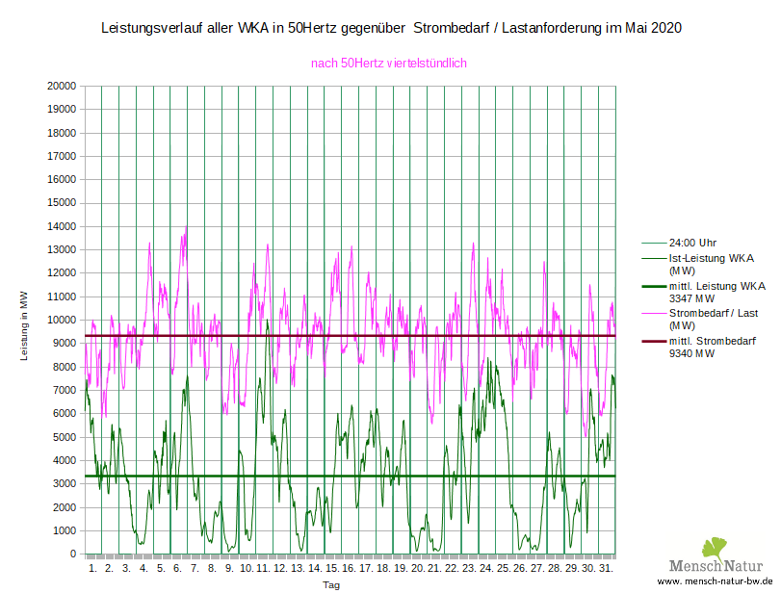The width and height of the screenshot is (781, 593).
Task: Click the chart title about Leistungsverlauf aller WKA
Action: click(391, 29)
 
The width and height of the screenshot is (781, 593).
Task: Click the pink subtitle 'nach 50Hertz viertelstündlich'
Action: click(388, 64)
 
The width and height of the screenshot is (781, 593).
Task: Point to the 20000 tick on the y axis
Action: click(62, 86)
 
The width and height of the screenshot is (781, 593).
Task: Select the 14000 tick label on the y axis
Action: click(62, 226)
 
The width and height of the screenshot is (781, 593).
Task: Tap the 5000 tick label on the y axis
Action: click(65, 437)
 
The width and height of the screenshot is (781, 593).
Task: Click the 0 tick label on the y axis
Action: click(73, 554)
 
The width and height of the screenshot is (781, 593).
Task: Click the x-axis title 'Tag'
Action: click(330, 584)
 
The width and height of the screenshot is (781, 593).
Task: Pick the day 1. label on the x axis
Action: click(93, 568)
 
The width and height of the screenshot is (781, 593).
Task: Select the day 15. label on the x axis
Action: click(332, 568)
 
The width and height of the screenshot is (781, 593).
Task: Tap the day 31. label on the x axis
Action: click(606, 568)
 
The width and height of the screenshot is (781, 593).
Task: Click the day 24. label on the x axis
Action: click(486, 568)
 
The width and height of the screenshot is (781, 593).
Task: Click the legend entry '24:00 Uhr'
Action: click(695, 243)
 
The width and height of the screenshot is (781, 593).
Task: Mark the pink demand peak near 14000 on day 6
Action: click(186, 227)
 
